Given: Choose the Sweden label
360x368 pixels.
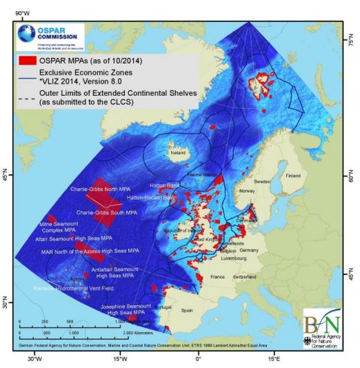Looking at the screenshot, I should click(x=261, y=181).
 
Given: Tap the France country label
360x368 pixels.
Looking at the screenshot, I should click(x=217, y=276).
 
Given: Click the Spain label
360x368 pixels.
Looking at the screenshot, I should click(x=187, y=311).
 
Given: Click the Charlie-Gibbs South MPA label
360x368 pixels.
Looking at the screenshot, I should click(x=105, y=212).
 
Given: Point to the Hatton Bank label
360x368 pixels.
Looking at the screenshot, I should click(x=166, y=185).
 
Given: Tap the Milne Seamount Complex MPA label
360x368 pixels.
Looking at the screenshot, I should click(x=60, y=227).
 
